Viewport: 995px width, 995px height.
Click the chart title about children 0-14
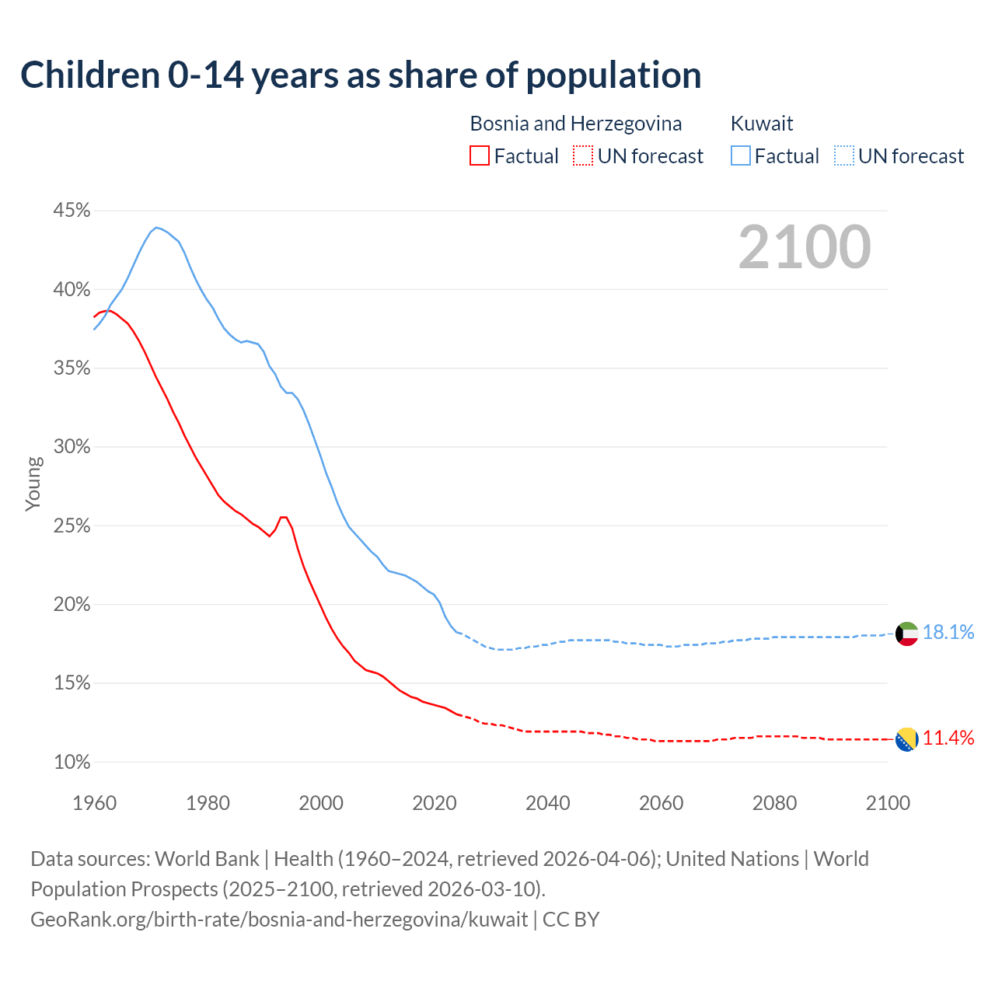361,75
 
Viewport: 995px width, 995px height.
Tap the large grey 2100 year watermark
805,247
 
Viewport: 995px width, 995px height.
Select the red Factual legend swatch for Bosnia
480,156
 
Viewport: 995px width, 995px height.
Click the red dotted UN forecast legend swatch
583,156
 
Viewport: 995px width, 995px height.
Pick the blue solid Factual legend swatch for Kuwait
741,156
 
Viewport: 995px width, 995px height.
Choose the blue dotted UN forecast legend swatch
844,156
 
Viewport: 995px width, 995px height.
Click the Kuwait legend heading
762,124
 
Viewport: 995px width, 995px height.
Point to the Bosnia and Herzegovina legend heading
576,124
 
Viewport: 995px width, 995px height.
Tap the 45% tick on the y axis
72,211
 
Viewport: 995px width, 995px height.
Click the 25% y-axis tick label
72,526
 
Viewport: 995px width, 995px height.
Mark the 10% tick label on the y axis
72,763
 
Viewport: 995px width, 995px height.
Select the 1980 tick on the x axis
208,803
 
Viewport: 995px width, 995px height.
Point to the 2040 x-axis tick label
548,803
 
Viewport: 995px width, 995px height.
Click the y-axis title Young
33,484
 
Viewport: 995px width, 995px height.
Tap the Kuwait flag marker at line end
906,634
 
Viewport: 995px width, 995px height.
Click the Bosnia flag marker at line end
906,739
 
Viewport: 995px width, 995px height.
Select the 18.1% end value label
948,633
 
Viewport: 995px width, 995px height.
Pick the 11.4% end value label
948,738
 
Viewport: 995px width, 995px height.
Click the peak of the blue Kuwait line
156,227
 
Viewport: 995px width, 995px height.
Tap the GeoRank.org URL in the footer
279,920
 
